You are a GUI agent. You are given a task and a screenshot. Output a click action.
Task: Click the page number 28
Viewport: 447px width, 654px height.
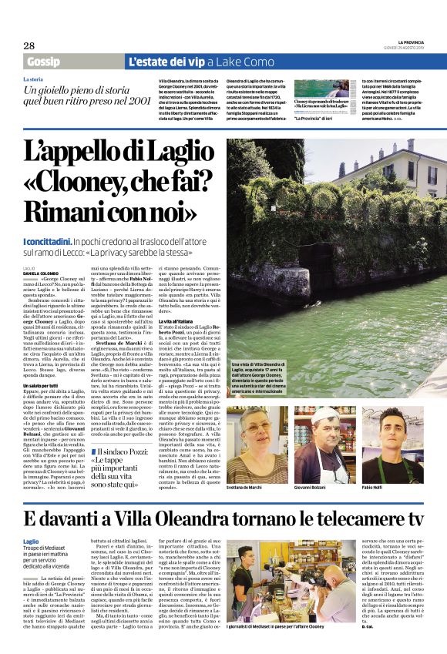(x=29, y=45)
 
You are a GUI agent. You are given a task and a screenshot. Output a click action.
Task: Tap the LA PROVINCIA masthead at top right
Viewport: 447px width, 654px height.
(x=411, y=42)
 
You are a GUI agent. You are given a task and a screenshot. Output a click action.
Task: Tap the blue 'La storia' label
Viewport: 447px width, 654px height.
(x=32, y=79)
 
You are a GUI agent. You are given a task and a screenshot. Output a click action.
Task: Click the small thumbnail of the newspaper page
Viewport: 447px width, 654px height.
(x=315, y=88)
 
